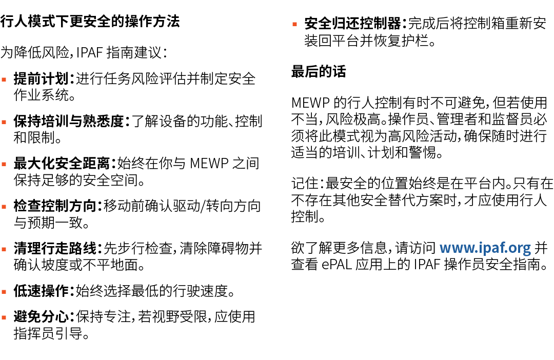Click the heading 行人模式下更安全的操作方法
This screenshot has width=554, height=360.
(x=90, y=22)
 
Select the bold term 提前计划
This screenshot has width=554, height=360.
(x=41, y=79)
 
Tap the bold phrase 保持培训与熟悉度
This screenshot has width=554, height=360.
(x=69, y=122)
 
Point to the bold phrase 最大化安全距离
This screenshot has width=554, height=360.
(x=62, y=164)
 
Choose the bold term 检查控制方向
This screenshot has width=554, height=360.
(x=55, y=207)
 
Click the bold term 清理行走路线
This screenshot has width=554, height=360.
(x=55, y=249)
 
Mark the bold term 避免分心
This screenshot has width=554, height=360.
(x=41, y=317)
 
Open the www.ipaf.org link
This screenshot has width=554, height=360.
(x=485, y=248)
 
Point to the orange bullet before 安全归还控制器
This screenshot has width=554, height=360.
(x=294, y=24)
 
